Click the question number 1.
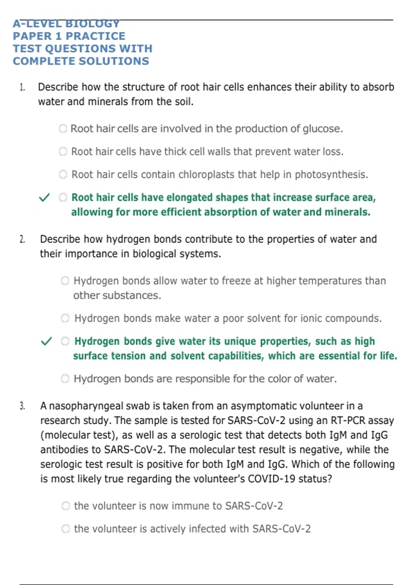22,87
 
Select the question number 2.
22,239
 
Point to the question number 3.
22,406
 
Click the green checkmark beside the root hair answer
44,198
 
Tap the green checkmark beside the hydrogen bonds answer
46,341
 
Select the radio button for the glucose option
63,129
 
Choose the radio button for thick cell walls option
63,151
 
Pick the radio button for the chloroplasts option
63,174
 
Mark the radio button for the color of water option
65,379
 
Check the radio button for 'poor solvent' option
65,318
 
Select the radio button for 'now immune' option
65,506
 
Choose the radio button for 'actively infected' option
65,529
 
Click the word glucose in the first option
322,129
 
